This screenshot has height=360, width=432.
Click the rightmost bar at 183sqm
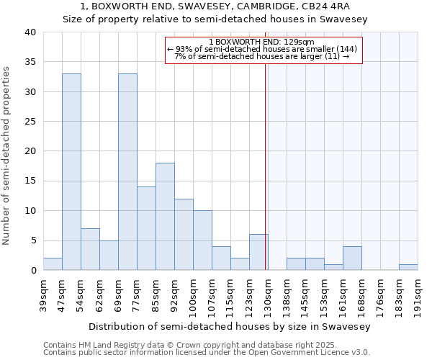[408, 267]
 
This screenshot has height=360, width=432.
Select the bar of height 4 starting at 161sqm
[352, 258]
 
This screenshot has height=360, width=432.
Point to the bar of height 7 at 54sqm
[90, 249]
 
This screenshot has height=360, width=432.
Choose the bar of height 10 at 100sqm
[202, 240]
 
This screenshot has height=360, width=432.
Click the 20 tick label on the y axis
[30, 151]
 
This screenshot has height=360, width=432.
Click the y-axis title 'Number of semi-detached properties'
[7, 156]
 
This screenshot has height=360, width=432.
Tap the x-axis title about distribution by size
[230, 326]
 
